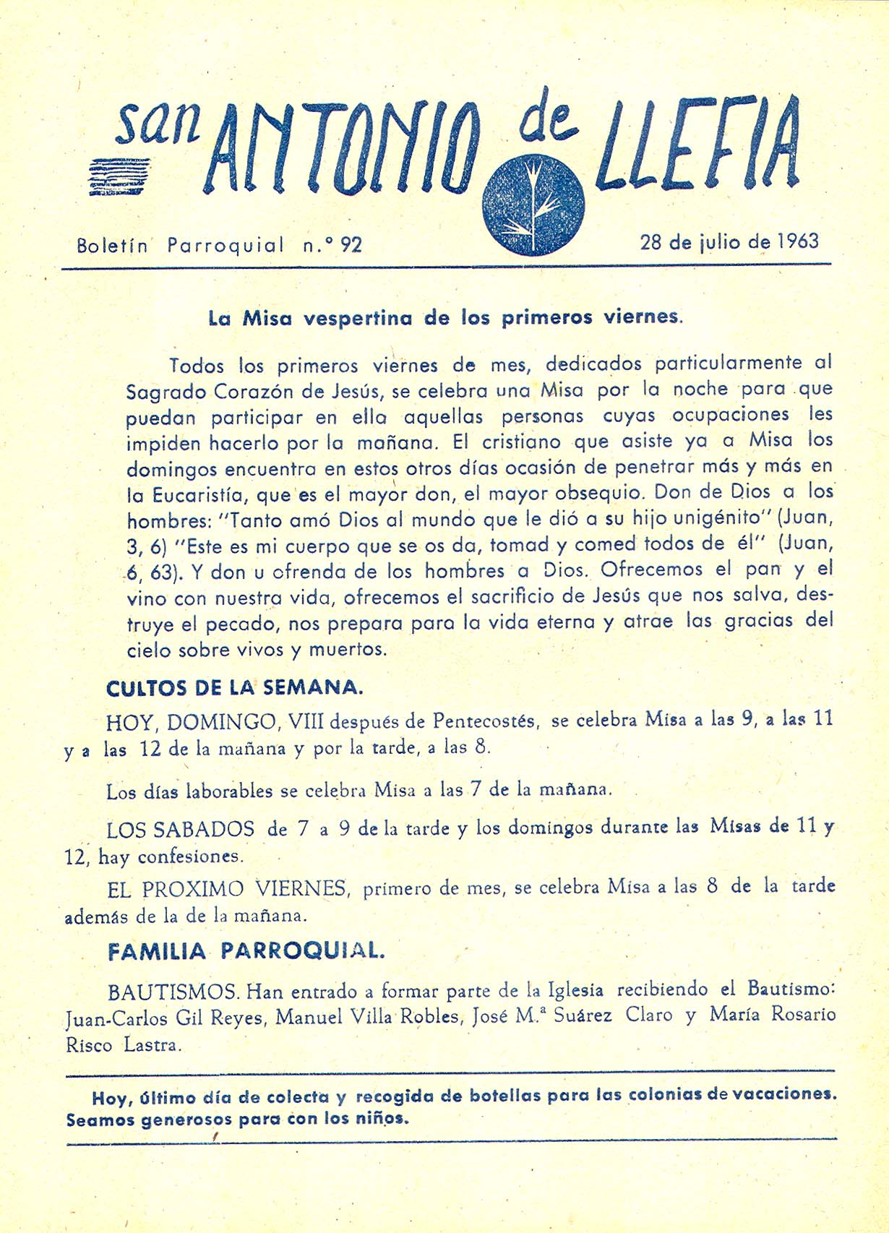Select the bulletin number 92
tap(351, 245)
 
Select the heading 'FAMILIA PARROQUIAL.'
tap(246, 951)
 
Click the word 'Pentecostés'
tap(485, 721)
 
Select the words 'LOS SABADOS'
tap(180, 829)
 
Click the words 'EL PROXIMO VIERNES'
tap(228, 888)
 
